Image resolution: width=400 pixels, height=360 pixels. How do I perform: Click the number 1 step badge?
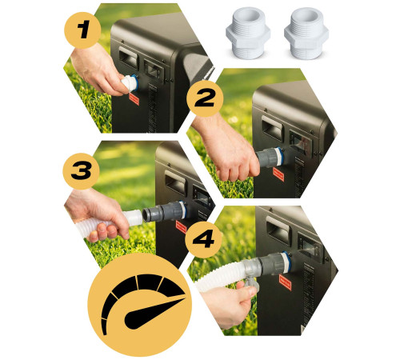tap(82, 30)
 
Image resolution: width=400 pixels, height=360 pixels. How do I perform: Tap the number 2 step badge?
tap(205, 98)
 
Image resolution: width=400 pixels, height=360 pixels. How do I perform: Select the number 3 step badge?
tap(81, 171)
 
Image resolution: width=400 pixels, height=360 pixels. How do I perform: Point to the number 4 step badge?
tap(203, 239)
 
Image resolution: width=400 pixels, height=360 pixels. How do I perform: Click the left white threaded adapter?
tap(248, 33)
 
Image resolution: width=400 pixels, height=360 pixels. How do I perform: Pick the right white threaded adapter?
tap(306, 33)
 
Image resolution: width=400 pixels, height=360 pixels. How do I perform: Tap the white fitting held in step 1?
tap(129, 82)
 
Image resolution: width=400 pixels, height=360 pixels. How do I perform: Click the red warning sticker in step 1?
tap(134, 99)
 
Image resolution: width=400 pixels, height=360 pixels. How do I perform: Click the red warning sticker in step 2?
tap(278, 174)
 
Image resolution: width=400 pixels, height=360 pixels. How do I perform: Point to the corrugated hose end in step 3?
tap(134, 218)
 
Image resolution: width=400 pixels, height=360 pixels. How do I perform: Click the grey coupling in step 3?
tap(163, 211)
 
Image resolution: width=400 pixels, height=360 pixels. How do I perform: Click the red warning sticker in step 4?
tap(285, 282)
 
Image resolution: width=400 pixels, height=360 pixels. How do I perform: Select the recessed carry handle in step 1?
tap(129, 58)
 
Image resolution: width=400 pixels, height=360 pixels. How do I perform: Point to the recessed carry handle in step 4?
tap(278, 230)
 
